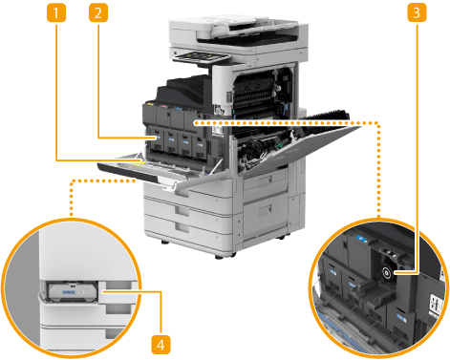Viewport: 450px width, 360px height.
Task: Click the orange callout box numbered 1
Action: (x=56, y=13)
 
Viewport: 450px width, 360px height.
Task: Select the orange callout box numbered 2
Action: (x=98, y=13)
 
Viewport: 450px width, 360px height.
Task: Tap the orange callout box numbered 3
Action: (x=417, y=13)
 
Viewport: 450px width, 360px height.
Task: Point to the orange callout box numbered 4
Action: (x=161, y=345)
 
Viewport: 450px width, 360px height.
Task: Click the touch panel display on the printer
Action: (x=201, y=57)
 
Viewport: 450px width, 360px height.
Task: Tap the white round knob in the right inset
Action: (x=387, y=272)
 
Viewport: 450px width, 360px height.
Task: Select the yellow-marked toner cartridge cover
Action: (x=149, y=114)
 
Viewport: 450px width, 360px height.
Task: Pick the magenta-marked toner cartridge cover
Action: (x=163, y=116)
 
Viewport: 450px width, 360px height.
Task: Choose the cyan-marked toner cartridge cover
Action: (x=177, y=117)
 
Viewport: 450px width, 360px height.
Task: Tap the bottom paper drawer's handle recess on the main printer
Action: (x=182, y=227)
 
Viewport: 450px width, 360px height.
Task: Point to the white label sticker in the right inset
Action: (x=436, y=305)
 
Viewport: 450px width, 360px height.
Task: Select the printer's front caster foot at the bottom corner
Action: (x=221, y=256)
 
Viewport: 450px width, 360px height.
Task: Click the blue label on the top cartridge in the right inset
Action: (x=361, y=238)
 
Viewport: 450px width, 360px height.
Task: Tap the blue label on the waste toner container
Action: (x=69, y=292)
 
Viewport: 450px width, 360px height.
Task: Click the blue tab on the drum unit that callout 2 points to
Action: (x=157, y=138)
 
